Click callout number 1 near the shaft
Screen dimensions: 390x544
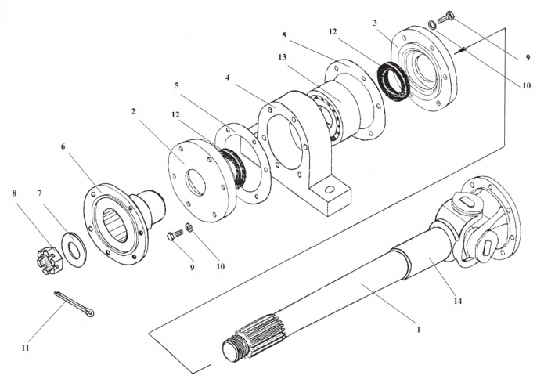click(x=420, y=330)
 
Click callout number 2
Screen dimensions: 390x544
click(x=134, y=112)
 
